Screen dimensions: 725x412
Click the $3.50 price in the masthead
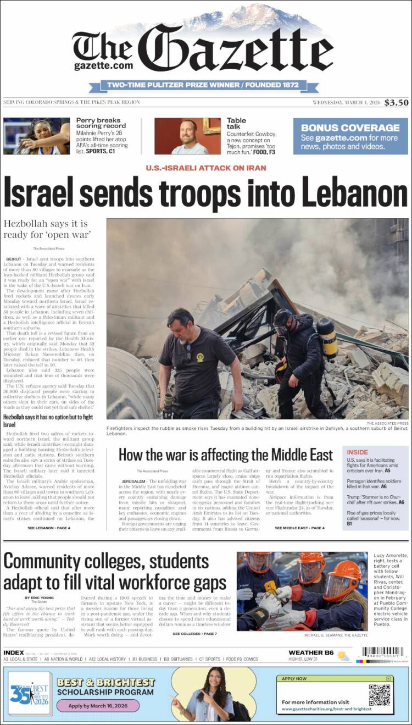point(396,102)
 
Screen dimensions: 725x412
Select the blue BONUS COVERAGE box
point(350,136)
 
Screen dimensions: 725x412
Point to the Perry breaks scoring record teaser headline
point(101,123)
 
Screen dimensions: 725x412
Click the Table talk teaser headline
point(236,123)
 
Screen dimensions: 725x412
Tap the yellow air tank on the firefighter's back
point(328,337)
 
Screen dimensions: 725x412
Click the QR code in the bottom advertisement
point(379,694)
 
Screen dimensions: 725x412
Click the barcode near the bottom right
point(383,652)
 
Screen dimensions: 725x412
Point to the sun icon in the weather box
point(343,655)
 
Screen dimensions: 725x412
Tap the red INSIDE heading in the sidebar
point(358,452)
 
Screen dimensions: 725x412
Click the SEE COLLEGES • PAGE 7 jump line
point(194,634)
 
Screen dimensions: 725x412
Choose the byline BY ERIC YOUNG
point(39,597)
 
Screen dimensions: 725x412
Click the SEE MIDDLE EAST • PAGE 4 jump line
point(299,528)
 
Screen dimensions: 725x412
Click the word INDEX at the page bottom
point(13,652)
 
